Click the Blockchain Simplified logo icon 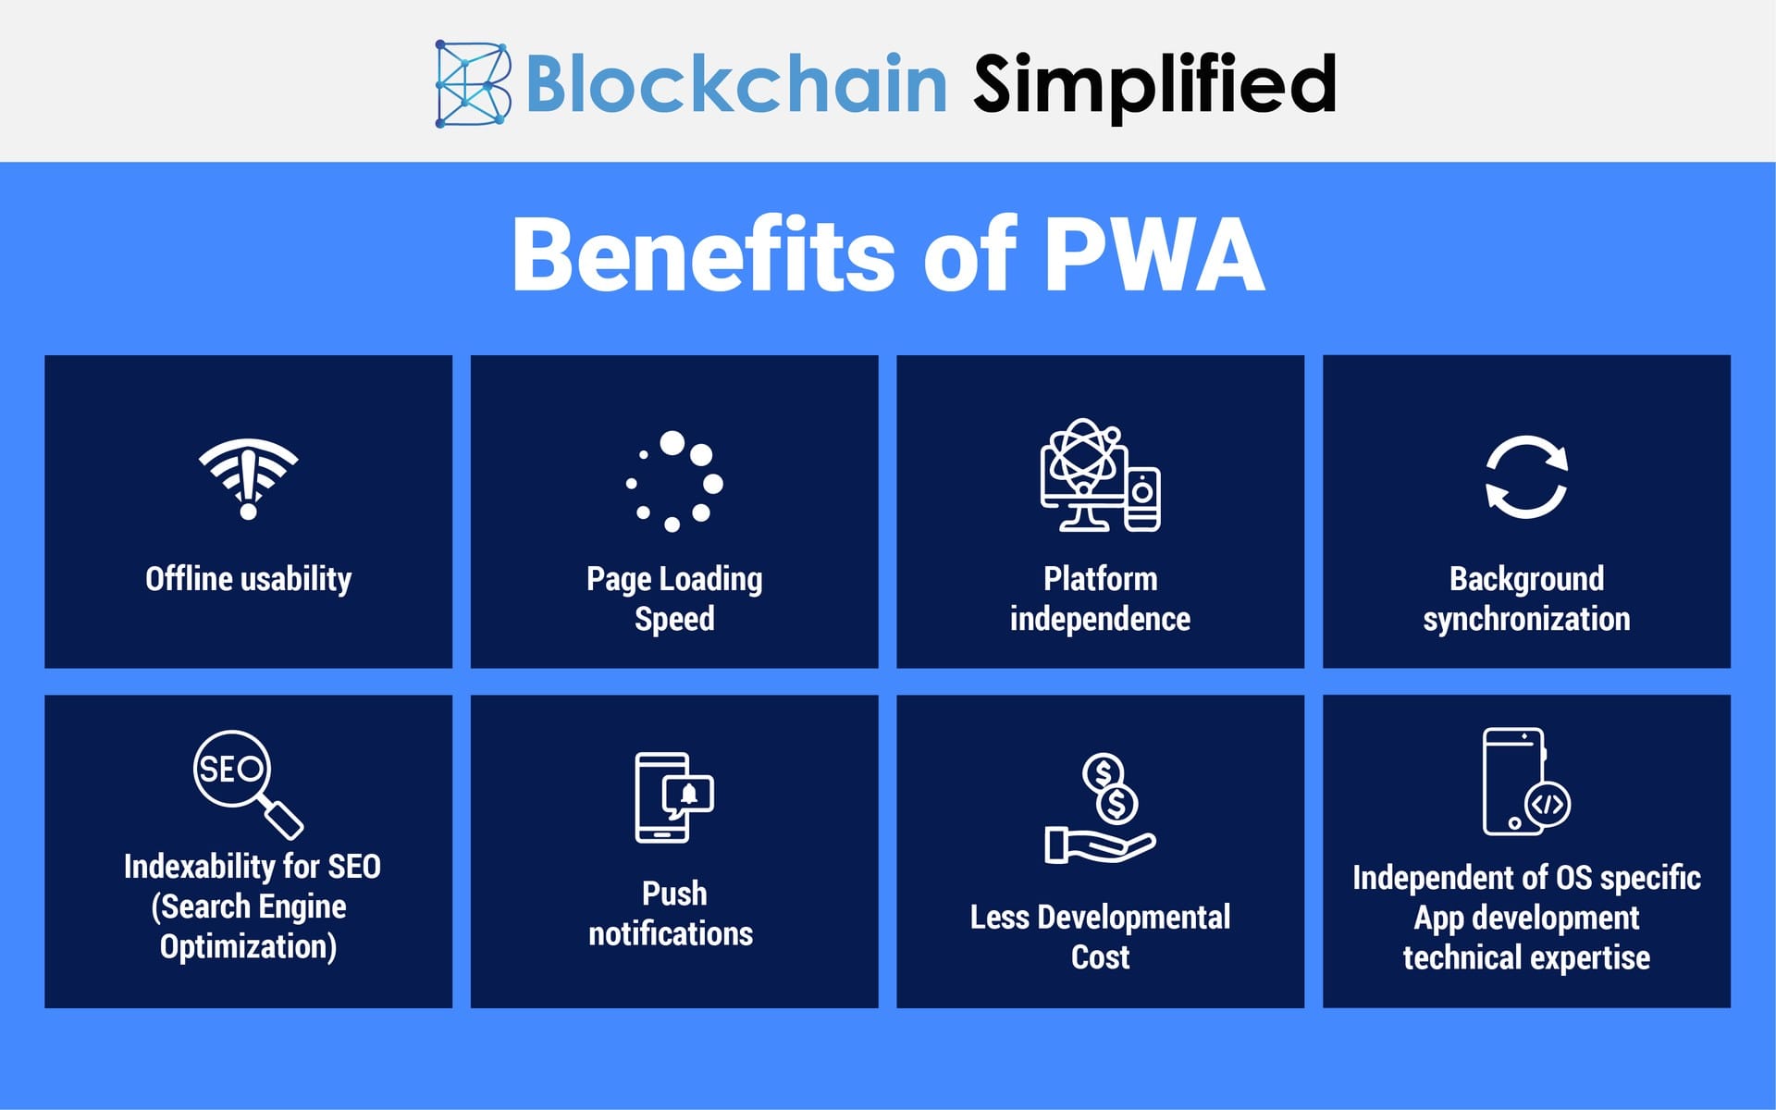(473, 83)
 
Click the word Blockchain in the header (736, 83)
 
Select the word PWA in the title (1154, 254)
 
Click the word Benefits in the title (704, 254)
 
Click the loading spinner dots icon (674, 481)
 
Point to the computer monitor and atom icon (1100, 475)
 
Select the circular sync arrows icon (1526, 477)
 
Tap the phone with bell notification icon (674, 797)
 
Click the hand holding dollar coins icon (1101, 809)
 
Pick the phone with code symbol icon (1525, 783)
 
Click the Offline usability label (248, 579)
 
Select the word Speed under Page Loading (674, 619)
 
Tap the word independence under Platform (1100, 619)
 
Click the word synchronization (1526, 619)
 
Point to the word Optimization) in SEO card (248, 947)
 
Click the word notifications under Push (671, 934)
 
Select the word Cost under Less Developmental (1100, 957)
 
